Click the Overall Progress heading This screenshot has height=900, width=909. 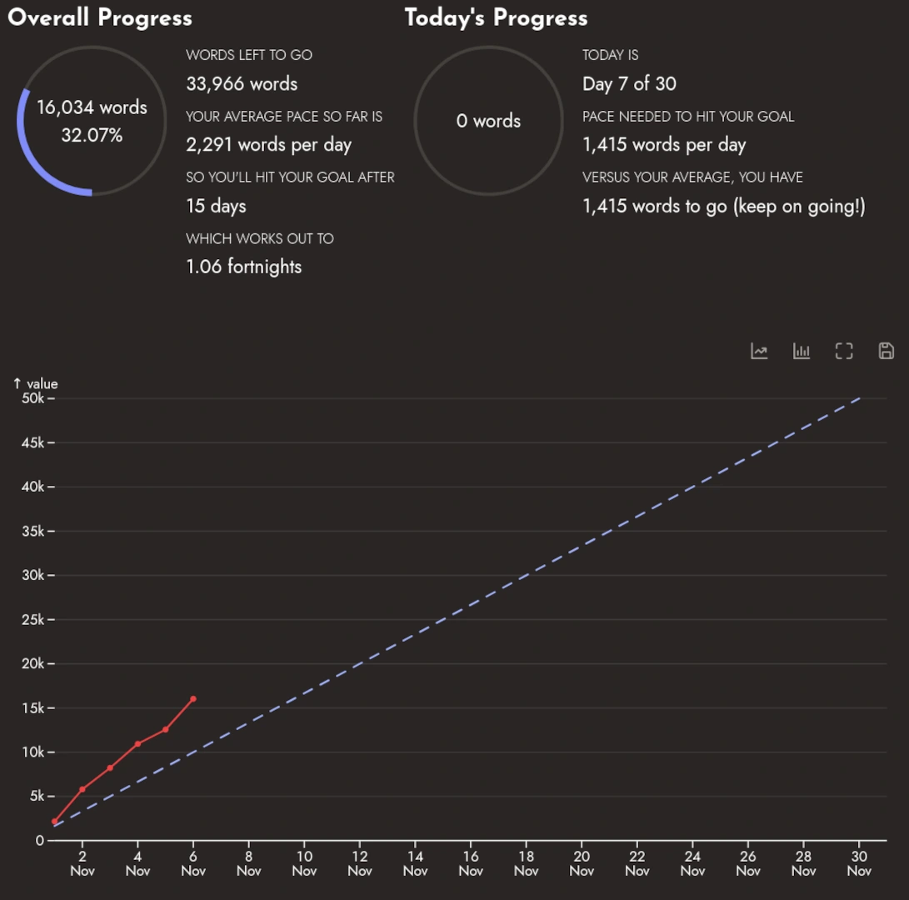click(100, 18)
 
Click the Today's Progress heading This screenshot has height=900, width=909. click(496, 18)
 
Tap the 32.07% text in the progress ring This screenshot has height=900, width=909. click(92, 135)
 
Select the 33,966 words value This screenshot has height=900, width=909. click(242, 83)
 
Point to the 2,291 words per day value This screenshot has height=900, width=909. click(268, 145)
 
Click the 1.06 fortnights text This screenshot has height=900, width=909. click(243, 267)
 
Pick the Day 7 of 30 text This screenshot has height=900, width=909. click(629, 83)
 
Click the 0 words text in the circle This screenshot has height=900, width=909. click(488, 121)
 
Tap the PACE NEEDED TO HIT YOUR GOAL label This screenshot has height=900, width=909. click(688, 117)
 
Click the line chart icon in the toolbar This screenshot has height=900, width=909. click(759, 351)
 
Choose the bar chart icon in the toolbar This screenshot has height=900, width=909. click(802, 351)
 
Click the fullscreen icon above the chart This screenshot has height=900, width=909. click(844, 351)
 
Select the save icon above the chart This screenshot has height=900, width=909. click(887, 351)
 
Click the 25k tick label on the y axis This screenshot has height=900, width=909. click(33, 619)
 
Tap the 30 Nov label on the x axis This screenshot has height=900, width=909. click(859, 863)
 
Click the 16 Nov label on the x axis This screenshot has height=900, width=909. click(471, 863)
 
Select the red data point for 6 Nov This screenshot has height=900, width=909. click(193, 698)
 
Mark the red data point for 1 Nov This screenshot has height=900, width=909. click(55, 821)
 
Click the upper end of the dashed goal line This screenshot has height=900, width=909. click(859, 398)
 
